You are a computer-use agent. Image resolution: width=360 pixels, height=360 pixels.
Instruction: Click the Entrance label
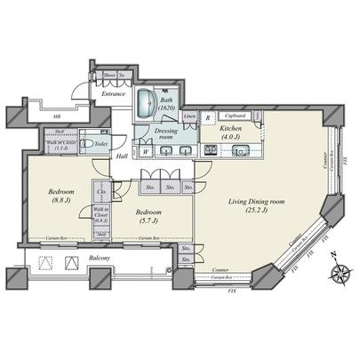(x=113, y=92)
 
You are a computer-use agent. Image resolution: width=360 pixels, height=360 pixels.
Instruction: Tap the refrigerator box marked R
(x=208, y=116)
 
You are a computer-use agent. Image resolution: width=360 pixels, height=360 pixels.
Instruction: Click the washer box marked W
(x=145, y=150)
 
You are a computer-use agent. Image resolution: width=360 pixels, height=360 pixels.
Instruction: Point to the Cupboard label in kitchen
(x=236, y=116)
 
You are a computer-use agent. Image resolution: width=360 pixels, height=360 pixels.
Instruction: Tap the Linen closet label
(x=189, y=116)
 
